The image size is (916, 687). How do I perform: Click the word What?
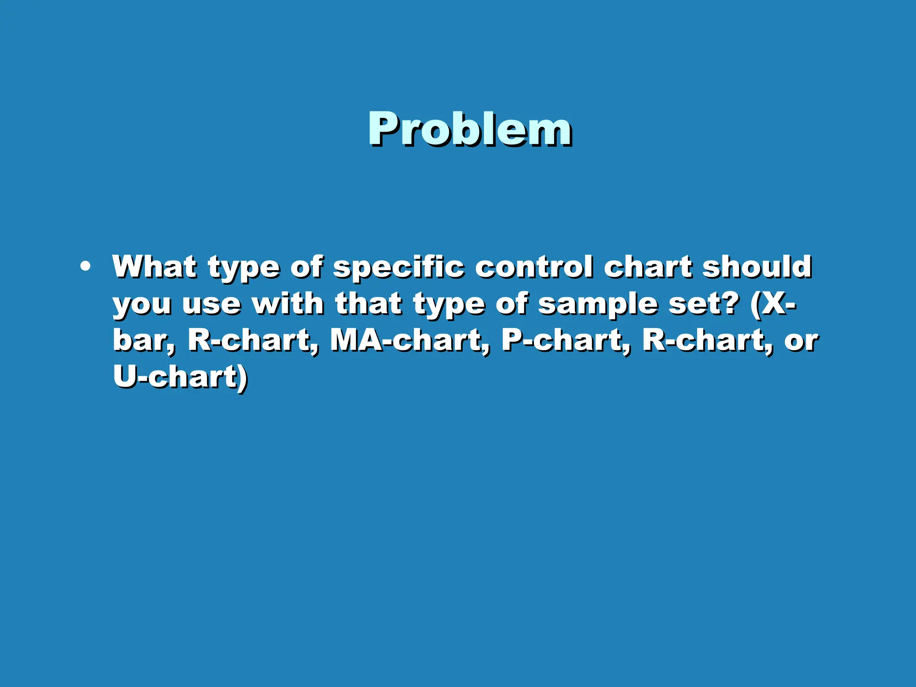click(154, 267)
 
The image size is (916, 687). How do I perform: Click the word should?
click(757, 267)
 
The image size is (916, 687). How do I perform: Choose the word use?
click(212, 305)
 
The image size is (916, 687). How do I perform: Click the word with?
click(288, 304)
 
